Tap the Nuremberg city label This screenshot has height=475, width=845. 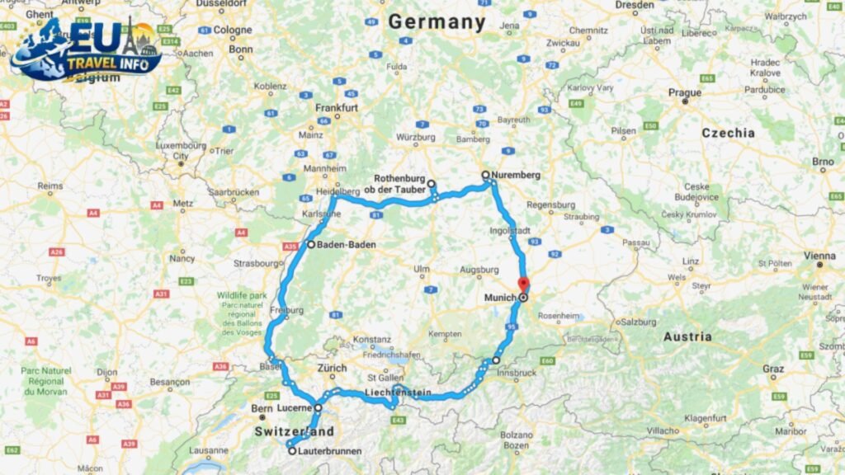(516, 176)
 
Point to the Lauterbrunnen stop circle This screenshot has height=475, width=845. (292, 451)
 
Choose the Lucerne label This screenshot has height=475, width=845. (295, 408)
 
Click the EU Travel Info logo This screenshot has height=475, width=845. (86, 49)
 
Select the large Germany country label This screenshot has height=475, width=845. (437, 22)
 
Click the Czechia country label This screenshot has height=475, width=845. (728, 133)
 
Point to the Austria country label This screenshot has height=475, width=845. (687, 336)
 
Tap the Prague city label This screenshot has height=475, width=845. (685, 92)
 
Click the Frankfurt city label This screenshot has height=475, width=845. (337, 108)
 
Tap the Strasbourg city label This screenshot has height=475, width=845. (257, 264)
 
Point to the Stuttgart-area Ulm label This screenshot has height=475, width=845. (422, 269)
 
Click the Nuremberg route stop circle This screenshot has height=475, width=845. (486, 175)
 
